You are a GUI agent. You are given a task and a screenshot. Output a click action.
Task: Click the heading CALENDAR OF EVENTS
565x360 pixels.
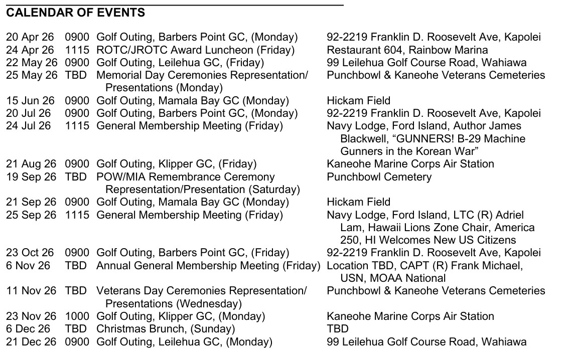point(75,13)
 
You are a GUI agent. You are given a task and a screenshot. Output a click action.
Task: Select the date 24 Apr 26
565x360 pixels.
point(30,50)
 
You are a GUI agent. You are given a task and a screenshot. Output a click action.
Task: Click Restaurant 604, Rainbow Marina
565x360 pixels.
point(407,50)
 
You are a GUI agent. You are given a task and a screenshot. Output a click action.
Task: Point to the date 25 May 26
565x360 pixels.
point(32,75)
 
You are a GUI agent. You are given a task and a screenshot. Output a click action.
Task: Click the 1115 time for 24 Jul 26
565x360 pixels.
point(77,126)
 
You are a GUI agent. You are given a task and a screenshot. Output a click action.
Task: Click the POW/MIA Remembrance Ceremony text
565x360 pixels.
point(186,177)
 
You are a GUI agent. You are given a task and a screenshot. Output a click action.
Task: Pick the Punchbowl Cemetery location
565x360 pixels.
point(379,177)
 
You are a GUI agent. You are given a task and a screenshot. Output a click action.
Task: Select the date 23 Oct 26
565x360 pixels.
point(30,253)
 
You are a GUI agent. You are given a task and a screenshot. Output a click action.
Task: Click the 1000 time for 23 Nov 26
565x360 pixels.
point(77,316)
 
